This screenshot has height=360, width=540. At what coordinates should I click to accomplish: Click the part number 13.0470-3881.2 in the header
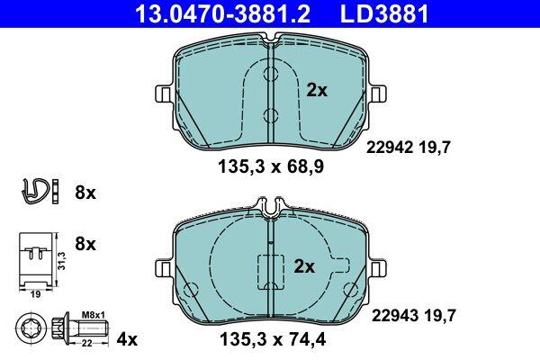(x=223, y=13)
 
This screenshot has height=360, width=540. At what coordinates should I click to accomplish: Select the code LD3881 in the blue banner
(x=384, y=13)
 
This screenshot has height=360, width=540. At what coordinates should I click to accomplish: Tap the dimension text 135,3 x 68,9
(x=271, y=167)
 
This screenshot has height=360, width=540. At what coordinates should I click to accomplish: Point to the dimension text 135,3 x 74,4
(x=273, y=339)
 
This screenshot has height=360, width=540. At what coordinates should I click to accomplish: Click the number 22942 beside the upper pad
(x=390, y=148)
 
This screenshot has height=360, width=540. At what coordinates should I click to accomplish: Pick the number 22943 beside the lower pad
(x=395, y=316)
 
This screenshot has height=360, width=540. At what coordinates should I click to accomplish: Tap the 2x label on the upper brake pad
(x=317, y=91)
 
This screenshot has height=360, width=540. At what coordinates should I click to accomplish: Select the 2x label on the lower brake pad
(x=304, y=266)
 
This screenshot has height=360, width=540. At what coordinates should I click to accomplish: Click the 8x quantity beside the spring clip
(x=85, y=193)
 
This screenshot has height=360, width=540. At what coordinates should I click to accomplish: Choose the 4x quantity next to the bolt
(x=127, y=340)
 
